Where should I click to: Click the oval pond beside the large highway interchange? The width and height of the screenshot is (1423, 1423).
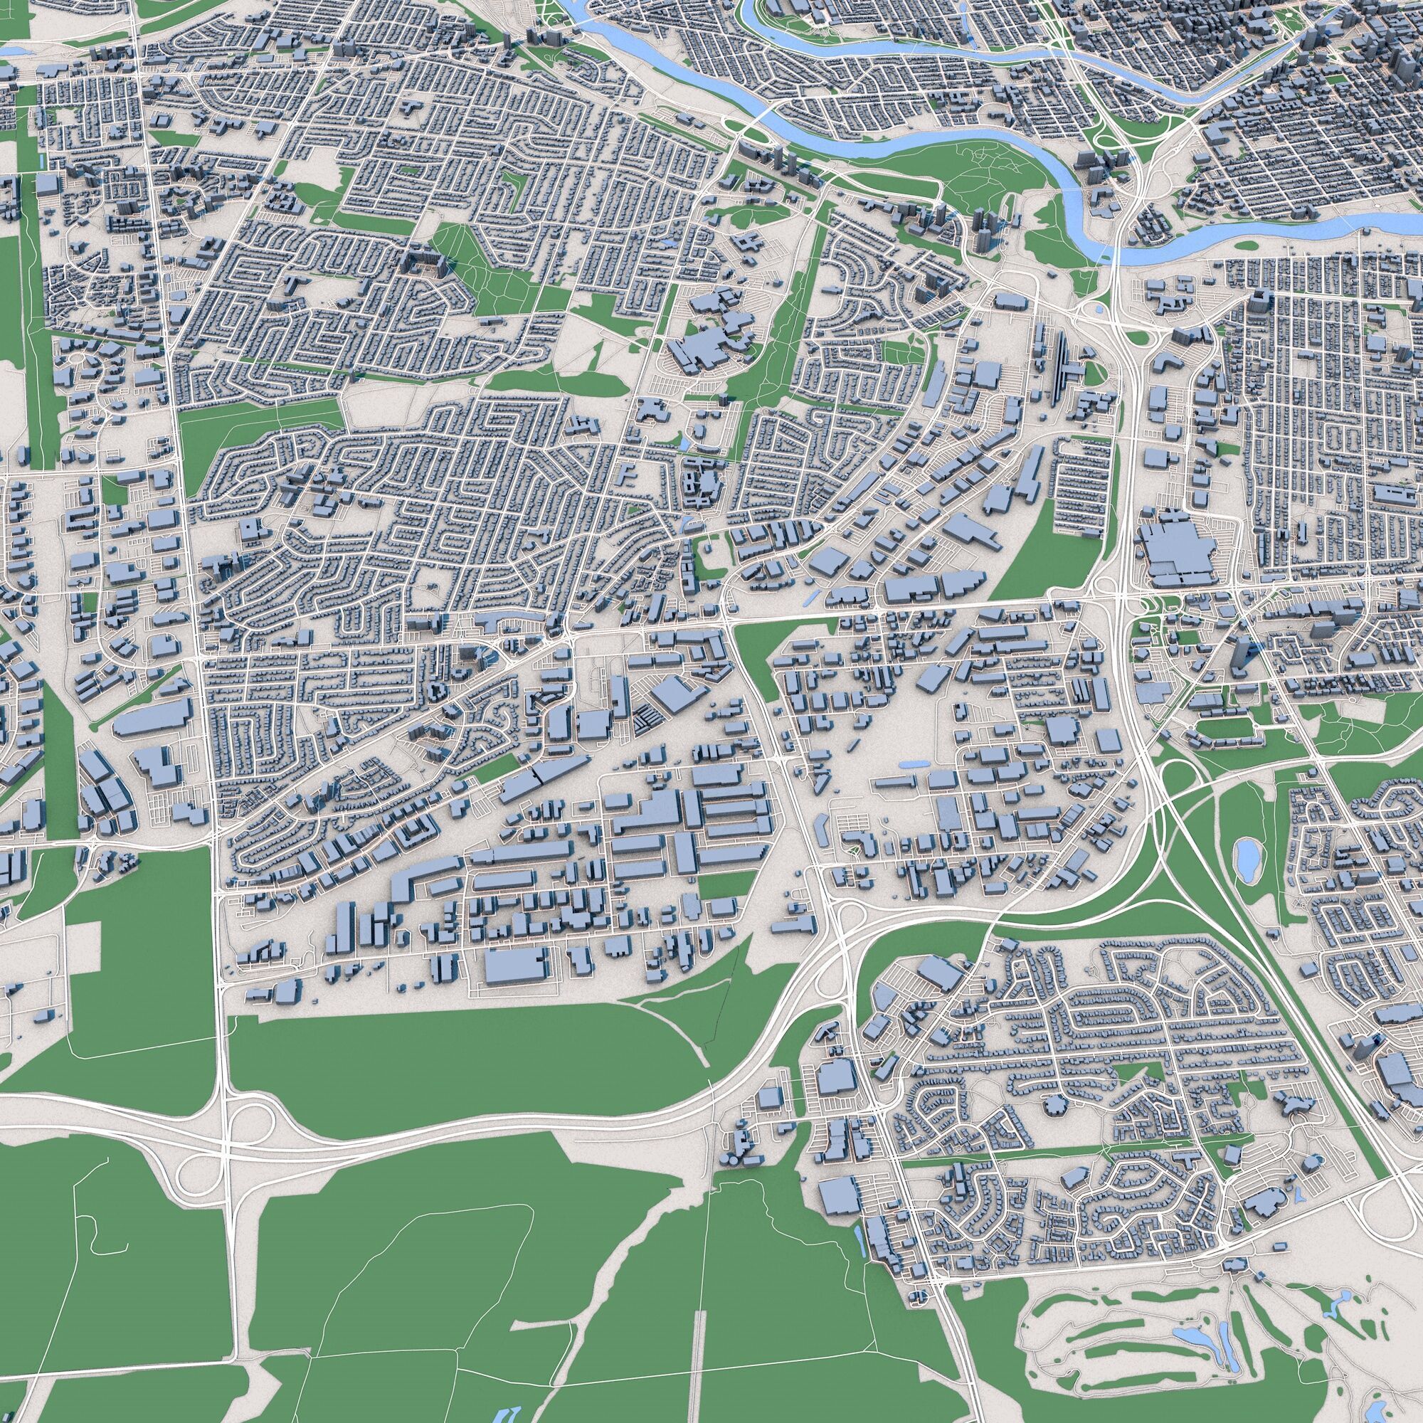click(1247, 858)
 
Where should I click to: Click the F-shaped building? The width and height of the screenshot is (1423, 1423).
click(628, 472)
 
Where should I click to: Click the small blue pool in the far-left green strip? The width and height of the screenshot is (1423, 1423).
click(42, 159)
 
